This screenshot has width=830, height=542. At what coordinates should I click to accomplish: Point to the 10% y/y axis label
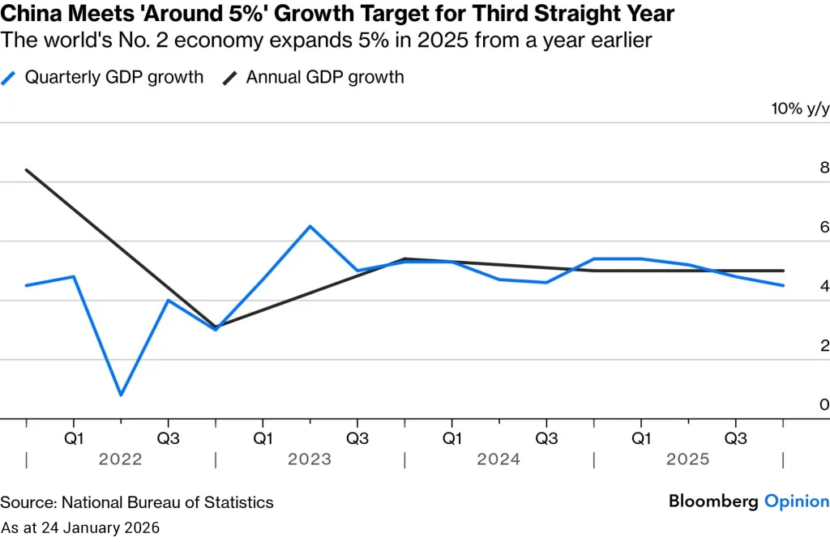click(799, 109)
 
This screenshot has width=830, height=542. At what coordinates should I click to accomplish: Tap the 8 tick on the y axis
click(824, 169)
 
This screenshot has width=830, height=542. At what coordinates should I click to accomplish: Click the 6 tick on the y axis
click(824, 228)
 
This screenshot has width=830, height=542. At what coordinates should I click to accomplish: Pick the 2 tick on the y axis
click(824, 346)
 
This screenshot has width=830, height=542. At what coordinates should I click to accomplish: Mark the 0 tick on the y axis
click(824, 405)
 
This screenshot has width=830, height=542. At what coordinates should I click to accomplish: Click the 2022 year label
click(120, 459)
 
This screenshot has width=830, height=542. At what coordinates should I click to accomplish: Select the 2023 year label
click(310, 459)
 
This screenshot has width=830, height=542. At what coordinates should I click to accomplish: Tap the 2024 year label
click(498, 459)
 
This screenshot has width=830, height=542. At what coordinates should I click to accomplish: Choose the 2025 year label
click(687, 459)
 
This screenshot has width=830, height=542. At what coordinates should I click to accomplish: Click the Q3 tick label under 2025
click(735, 438)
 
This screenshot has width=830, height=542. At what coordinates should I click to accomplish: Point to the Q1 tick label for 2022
click(74, 438)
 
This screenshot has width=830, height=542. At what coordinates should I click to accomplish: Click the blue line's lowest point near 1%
click(121, 395)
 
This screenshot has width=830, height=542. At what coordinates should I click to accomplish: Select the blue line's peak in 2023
click(310, 226)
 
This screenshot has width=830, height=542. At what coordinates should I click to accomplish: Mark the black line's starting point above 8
click(27, 170)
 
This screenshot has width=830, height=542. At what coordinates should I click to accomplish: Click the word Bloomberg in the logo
click(713, 501)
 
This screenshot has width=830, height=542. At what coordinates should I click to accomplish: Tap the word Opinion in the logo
click(797, 501)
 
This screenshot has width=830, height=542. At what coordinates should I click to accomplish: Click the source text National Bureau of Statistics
click(168, 502)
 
